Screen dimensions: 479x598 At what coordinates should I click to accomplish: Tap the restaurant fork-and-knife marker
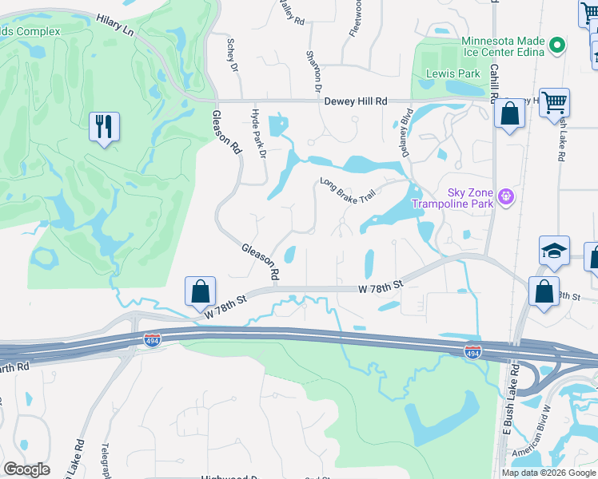[105, 127]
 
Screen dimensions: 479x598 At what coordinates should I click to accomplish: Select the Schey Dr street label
[233, 55]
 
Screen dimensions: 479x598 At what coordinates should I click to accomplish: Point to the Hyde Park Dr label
[258, 133]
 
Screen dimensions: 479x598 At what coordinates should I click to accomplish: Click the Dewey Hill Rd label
[356, 101]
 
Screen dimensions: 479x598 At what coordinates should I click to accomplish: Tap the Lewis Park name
[453, 73]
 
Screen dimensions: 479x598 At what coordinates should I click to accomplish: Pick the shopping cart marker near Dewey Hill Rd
[553, 103]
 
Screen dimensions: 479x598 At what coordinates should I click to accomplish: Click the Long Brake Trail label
[348, 190]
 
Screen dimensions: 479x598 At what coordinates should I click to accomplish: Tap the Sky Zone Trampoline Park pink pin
[505, 195]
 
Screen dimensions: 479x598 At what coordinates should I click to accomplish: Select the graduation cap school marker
[554, 251]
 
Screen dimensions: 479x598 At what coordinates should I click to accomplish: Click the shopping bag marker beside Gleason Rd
[200, 291]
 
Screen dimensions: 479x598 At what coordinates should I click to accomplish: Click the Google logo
[27, 469]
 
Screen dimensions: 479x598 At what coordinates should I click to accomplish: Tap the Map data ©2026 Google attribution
[548, 472]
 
